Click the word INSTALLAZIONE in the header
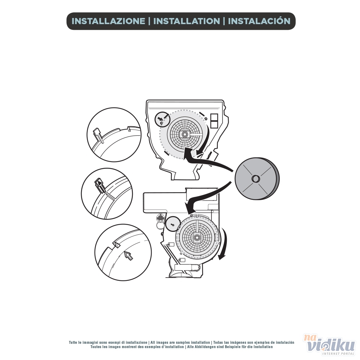click(x=108, y=21)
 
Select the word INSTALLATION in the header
click(x=186, y=21)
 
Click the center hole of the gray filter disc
click(x=255, y=179)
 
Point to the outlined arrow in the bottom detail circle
click(x=129, y=255)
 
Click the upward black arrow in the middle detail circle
click(x=99, y=183)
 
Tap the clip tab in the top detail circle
click(x=98, y=135)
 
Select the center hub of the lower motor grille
click(x=197, y=238)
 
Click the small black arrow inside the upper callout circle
click(x=161, y=118)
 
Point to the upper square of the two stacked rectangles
click(x=215, y=117)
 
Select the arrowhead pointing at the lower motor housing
click(x=190, y=208)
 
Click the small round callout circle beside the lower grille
click(x=172, y=224)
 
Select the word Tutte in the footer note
click(x=73, y=342)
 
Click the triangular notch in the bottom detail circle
click(x=116, y=245)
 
